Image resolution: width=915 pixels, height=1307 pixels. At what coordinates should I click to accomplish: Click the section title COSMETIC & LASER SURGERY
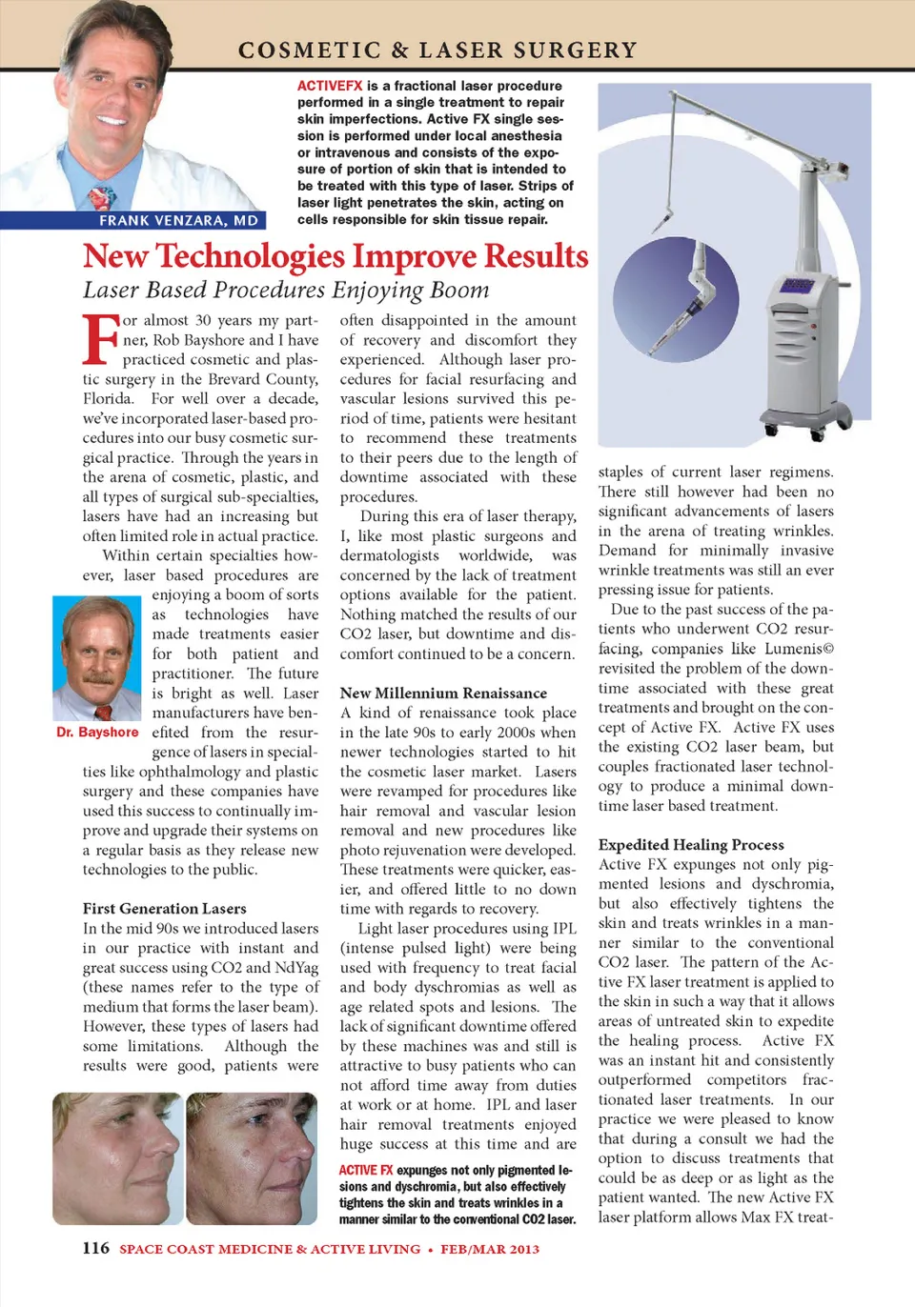click(437, 50)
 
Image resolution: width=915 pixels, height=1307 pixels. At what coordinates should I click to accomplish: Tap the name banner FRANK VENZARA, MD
click(178, 221)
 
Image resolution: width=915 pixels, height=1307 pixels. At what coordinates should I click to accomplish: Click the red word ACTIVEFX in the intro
click(330, 86)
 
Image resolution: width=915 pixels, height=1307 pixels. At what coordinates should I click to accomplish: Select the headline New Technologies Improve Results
click(335, 256)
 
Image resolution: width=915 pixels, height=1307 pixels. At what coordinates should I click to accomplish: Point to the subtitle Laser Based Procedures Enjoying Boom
click(286, 291)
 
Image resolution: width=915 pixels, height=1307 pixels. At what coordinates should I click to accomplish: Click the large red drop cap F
click(100, 339)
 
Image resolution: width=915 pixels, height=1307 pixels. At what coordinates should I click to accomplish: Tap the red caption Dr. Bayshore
click(97, 733)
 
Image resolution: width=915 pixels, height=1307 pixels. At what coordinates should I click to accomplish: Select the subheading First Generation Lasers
click(164, 909)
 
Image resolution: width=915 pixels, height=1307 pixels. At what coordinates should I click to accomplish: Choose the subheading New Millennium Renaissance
click(443, 694)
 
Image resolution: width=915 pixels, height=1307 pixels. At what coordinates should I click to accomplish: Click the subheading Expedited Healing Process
click(691, 845)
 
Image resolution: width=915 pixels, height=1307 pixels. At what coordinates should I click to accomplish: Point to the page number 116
click(95, 1248)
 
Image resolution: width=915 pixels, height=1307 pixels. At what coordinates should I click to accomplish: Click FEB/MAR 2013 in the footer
click(490, 1249)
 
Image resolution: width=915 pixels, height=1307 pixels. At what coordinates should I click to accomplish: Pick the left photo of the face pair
click(116, 1157)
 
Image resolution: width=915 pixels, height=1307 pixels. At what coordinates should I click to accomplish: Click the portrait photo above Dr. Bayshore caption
click(96, 658)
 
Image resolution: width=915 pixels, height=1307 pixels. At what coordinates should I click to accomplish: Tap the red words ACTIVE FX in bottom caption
click(366, 1170)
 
